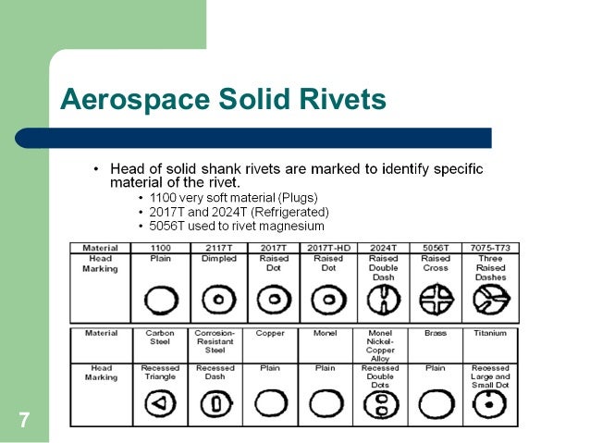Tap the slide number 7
coord(23,423)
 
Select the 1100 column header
coord(159,248)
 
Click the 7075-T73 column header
coord(490,248)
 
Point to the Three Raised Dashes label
coord(490,268)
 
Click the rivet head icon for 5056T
coord(436,301)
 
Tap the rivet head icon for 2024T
coord(380,301)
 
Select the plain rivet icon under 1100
coord(159,301)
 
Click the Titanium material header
coord(490,332)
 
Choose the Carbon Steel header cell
coord(159,337)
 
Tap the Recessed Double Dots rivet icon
coord(380,404)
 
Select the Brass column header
coord(436,332)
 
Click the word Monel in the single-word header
coord(325,332)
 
